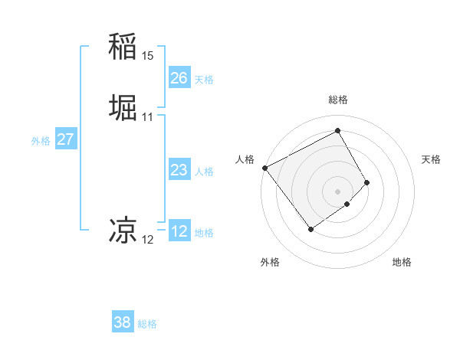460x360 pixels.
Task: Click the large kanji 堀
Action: point(123,107)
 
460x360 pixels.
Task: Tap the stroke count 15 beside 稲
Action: point(148,56)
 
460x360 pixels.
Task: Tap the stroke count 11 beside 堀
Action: point(148,117)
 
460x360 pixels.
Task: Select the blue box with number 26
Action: point(179,78)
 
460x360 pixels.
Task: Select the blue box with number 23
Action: point(179,170)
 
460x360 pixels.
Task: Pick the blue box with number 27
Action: point(65,139)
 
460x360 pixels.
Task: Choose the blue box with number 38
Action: point(123,322)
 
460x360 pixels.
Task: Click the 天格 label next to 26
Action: point(204,80)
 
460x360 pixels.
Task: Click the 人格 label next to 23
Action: point(204,172)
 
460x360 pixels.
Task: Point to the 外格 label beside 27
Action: point(41,141)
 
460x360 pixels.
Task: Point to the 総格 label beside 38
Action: point(147,324)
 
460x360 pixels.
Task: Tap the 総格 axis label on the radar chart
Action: point(337,100)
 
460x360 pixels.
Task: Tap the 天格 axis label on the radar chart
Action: point(431,159)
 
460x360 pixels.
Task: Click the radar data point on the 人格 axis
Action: point(264,168)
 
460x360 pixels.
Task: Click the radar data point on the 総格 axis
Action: point(337,130)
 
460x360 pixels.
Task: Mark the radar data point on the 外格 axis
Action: point(310,228)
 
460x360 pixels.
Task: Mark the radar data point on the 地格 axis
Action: point(347,205)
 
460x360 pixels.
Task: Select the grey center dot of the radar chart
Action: point(337,191)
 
